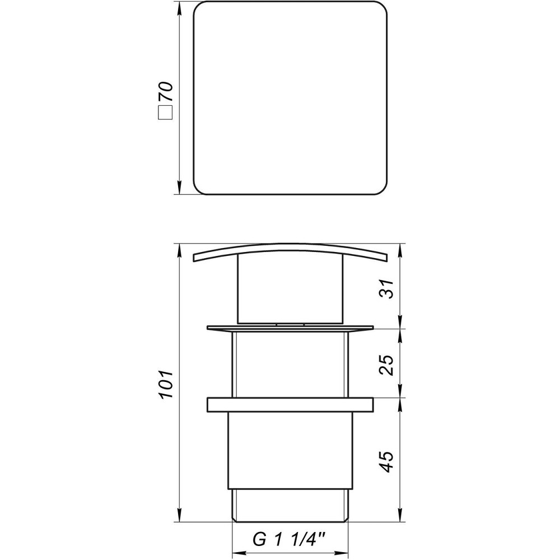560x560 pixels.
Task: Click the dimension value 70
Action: tap(166, 91)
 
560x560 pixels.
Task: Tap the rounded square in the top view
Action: tap(290, 100)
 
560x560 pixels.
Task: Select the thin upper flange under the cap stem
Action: tap(290, 328)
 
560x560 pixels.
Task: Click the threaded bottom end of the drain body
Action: tap(290, 505)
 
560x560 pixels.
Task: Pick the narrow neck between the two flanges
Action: tap(290, 364)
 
